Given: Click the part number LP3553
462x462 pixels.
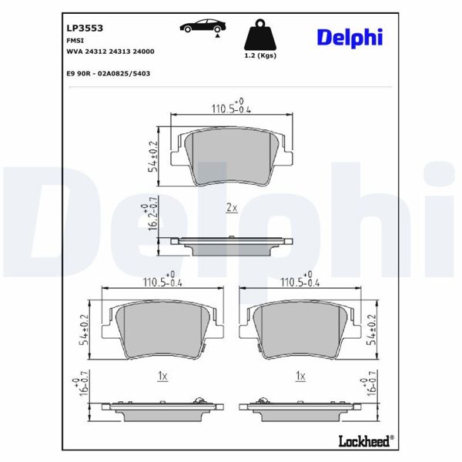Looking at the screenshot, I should coord(85,26).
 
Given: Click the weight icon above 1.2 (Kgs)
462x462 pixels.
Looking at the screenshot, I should coord(259,35).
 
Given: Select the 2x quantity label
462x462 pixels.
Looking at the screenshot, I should coord(232,207).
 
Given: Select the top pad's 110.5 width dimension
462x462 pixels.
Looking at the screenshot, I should coord(230,107).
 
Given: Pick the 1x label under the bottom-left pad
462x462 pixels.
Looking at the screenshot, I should coord(162,376).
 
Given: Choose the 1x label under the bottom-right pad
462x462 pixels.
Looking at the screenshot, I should coord(301,376).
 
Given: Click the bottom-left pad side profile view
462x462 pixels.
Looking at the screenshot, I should coord(166,407).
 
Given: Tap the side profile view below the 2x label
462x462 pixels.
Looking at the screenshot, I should coord(231,242).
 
